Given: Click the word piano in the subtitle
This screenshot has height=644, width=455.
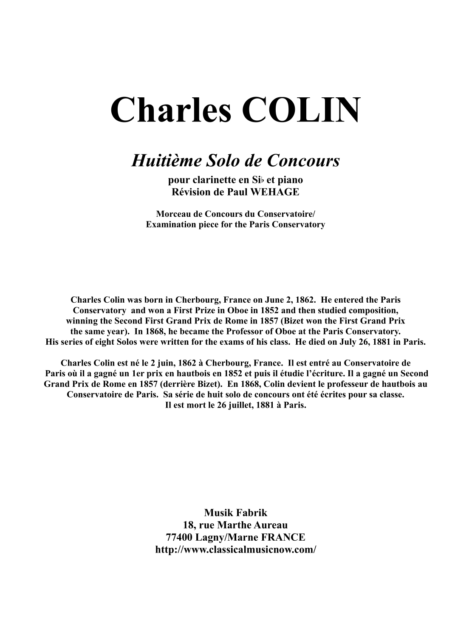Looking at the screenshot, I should point(291,180).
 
